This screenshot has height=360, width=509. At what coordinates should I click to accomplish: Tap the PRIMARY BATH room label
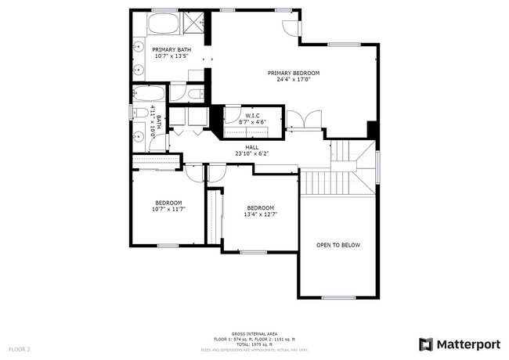(x=171, y=49)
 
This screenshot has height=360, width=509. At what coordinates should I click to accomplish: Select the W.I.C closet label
(x=252, y=115)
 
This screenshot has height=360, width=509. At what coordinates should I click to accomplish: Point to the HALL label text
(x=251, y=147)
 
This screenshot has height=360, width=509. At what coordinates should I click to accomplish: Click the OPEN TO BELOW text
(x=338, y=245)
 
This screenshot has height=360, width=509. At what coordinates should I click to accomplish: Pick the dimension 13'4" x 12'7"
(x=260, y=214)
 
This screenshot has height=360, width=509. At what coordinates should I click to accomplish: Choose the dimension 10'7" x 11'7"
(x=168, y=209)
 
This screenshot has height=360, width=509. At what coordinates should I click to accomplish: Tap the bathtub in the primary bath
(x=164, y=24)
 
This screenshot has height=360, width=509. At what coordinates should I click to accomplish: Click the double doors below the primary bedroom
(x=305, y=121)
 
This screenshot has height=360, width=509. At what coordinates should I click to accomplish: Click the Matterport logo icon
(x=426, y=344)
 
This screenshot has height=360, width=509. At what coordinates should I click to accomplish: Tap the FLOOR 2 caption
(x=20, y=348)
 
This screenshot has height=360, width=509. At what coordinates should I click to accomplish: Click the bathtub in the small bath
(x=148, y=95)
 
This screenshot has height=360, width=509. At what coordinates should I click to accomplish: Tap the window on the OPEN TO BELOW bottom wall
(x=338, y=297)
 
